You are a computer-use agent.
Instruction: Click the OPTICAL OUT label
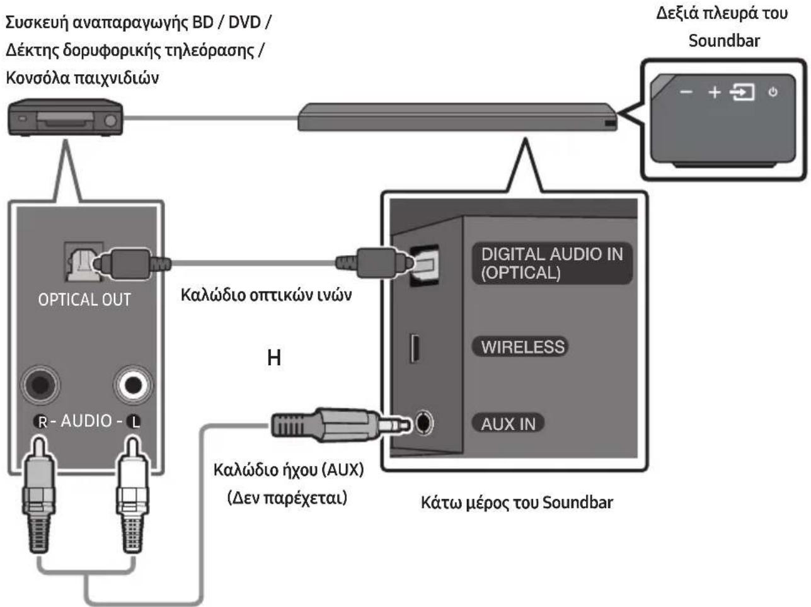tap(84, 300)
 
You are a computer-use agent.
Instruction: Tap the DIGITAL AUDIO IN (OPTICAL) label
tap(552, 263)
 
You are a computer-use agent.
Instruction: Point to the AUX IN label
tap(508, 423)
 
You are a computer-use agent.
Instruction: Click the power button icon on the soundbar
tap(773, 92)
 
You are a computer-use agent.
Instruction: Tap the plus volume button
tap(715, 93)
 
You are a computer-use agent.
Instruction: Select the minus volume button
tap(686, 92)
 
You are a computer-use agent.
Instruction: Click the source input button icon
tap(742, 93)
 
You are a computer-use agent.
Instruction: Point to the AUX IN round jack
tap(423, 422)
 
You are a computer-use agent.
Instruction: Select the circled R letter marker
tap(42, 422)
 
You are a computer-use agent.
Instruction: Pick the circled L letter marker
tap(134, 422)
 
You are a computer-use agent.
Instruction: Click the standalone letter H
tap(273, 358)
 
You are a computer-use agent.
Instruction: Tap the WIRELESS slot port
tap(415, 348)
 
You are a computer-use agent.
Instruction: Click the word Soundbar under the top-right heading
tap(724, 41)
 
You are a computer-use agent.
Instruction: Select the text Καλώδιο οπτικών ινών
tap(266, 295)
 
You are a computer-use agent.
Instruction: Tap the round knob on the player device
tap(110, 121)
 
